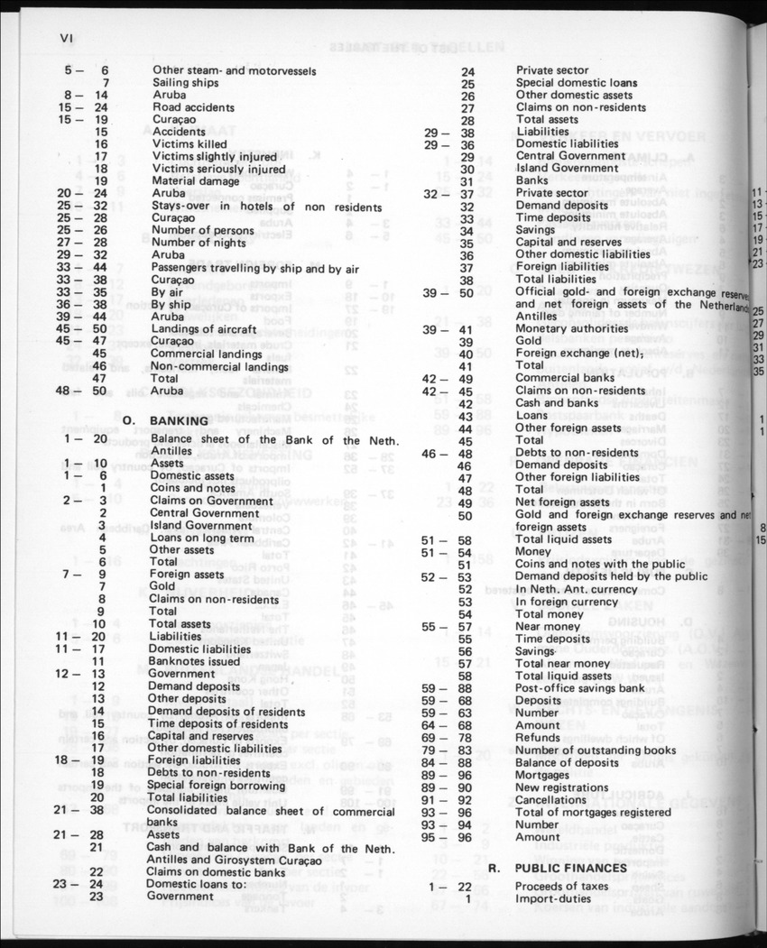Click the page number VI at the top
coord(64,37)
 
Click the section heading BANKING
coord(179,421)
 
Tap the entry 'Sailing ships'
coord(185,82)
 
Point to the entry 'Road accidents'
coord(193,106)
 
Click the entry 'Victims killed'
coord(189,143)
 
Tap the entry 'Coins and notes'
coord(193,488)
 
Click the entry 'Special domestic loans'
coord(576,82)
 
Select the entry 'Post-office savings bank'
coord(582,687)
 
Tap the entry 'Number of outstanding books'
coord(595,750)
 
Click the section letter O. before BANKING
coord(128,421)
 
